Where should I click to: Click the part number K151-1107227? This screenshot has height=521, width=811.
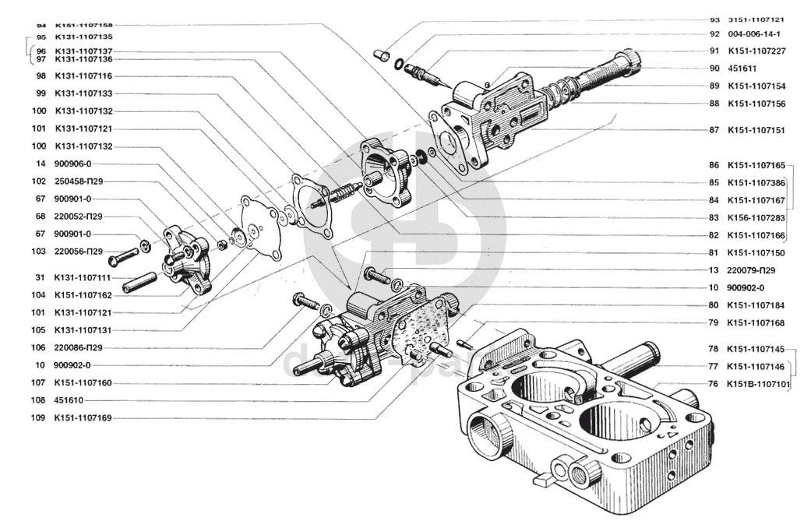[x=756, y=51]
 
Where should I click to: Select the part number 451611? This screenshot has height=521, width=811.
[x=742, y=69]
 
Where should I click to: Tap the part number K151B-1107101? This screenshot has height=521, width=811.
[x=759, y=383]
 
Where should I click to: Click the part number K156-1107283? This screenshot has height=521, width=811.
[x=756, y=217]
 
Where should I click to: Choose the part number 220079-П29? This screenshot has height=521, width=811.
[x=753, y=270]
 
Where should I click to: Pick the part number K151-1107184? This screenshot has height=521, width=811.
[x=756, y=305]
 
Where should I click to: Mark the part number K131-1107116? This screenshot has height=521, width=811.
[x=84, y=76]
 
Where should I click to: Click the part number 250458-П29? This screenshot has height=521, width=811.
[x=79, y=181]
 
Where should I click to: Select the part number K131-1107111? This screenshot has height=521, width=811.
[x=83, y=277]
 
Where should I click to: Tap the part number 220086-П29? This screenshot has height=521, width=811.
[x=79, y=347]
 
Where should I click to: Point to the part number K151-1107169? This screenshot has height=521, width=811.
[x=83, y=418]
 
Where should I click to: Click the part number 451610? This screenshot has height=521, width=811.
[x=69, y=400]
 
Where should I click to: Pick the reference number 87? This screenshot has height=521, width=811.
[x=714, y=130]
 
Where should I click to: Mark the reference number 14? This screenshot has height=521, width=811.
[x=40, y=164]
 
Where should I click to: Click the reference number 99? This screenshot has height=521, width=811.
[x=40, y=93]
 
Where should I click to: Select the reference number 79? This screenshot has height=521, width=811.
[x=714, y=322]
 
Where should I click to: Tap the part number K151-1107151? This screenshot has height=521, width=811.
[x=756, y=130]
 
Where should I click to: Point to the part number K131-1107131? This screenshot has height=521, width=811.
[x=83, y=329]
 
